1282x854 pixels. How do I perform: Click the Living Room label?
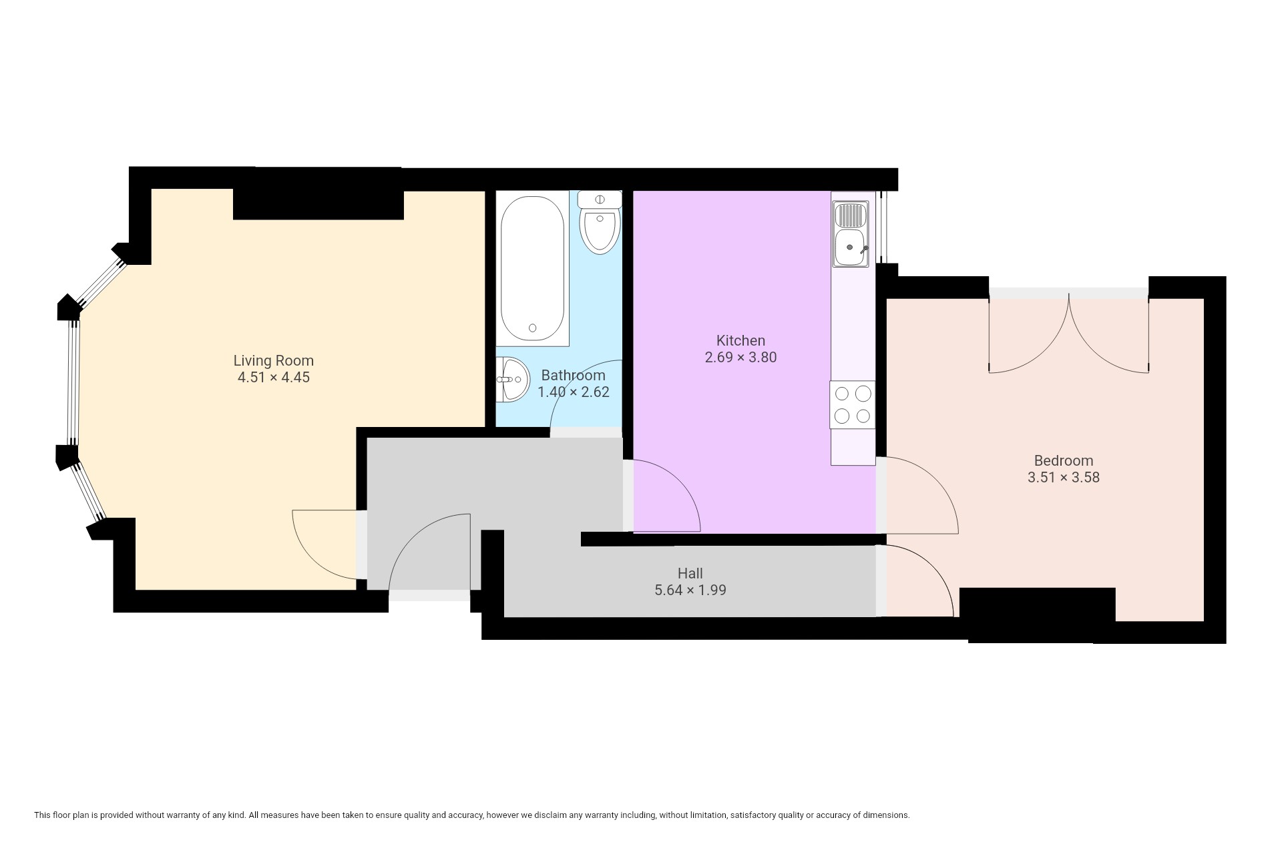[273, 360]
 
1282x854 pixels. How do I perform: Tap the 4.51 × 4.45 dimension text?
[273, 377]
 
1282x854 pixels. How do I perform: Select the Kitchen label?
[740, 340]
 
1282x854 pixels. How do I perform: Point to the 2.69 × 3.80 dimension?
[740, 357]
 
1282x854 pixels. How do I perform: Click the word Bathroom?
[573, 375]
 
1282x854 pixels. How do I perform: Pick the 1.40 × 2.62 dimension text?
[574, 392]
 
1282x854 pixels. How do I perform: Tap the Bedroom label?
[1064, 460]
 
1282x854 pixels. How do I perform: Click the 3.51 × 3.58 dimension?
[1064, 477]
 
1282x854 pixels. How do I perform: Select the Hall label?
[690, 573]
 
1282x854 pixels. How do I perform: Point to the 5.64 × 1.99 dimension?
[690, 590]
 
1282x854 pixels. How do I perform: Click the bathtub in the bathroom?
[532, 268]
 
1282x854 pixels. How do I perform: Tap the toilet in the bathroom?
[600, 222]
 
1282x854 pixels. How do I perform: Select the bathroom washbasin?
[512, 380]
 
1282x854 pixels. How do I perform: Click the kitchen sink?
[850, 234]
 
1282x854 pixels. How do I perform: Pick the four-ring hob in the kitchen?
[853, 404]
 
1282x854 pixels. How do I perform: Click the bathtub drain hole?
[532, 328]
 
